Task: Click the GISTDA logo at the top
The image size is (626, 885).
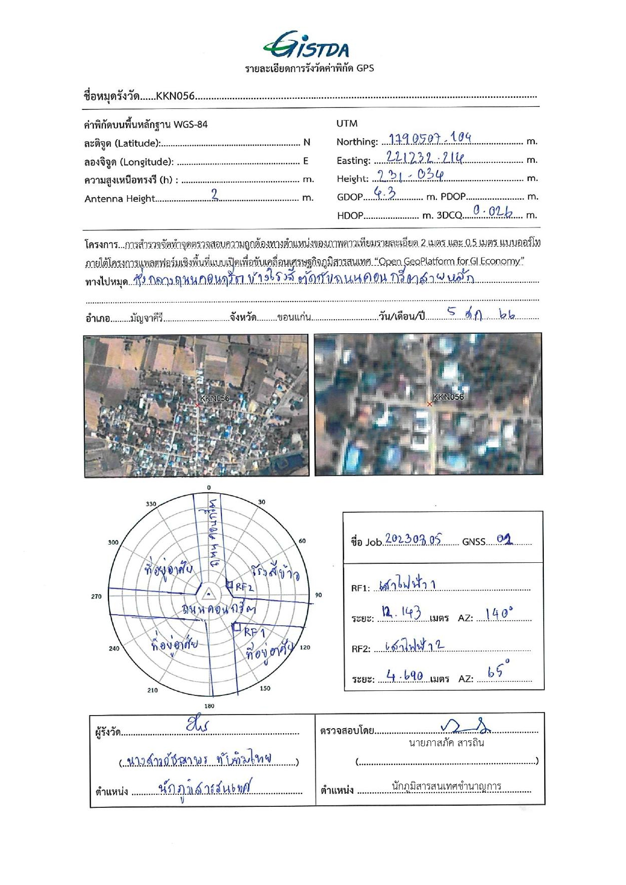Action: coord(306,45)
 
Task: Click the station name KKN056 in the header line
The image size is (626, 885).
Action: coord(175,96)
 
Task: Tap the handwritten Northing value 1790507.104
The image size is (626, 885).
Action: coord(430,138)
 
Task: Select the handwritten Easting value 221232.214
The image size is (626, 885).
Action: coord(425,157)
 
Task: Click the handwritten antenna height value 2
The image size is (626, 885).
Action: coord(215,195)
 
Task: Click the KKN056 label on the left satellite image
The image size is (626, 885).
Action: coord(214,398)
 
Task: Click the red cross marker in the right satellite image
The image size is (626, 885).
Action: coord(430,404)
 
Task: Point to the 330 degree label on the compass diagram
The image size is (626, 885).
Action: coord(151,504)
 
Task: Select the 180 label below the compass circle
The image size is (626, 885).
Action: coord(209,705)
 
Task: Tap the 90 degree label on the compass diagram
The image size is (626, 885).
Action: coord(318,595)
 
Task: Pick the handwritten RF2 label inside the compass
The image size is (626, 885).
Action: coord(244,587)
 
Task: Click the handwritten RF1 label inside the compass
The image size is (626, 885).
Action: coord(255,632)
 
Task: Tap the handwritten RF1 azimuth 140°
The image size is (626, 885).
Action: coord(499,614)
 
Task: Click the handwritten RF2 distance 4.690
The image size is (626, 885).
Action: coord(405,675)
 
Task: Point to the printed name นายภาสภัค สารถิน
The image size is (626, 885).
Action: coord(446,743)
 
